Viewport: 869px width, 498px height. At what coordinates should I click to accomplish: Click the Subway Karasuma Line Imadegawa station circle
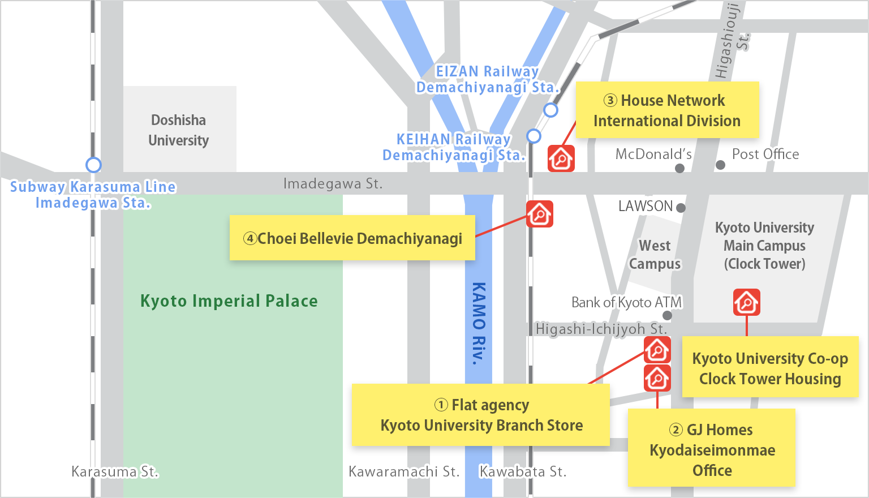93,165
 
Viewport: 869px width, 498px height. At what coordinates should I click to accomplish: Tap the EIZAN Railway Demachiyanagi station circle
550,110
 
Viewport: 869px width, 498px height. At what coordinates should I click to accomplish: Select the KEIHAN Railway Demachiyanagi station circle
534,136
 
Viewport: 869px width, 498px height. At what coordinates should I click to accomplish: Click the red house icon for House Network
561,158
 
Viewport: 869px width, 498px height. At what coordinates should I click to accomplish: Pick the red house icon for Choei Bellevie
539,214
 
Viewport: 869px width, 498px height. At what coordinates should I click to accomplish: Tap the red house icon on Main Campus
746,302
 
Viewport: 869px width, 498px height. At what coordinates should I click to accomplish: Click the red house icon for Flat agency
657,350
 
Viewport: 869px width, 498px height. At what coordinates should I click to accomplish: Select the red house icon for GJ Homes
657,378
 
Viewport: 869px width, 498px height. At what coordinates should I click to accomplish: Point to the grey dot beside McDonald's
679,168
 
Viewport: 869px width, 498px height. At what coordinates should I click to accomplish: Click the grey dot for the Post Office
720,165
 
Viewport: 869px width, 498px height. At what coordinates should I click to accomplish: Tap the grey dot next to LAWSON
681,208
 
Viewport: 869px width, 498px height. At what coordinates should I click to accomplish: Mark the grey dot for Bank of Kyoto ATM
668,315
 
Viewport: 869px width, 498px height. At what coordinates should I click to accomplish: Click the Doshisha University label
178,130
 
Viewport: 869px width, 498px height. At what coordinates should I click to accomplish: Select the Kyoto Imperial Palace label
229,301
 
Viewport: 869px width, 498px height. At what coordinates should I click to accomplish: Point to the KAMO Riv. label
479,323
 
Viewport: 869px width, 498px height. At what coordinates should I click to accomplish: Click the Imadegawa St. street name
333,184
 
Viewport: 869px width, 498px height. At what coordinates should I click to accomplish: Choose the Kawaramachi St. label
404,471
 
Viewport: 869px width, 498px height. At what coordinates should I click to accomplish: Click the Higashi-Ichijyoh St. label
601,329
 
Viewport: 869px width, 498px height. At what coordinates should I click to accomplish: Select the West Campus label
655,255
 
